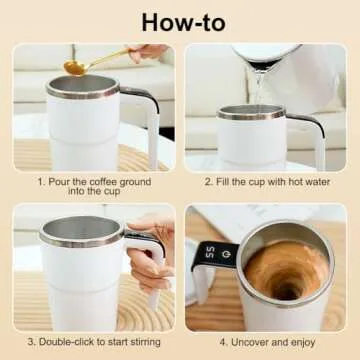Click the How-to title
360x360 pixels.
tap(180, 21)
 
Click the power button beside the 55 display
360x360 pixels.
tap(227, 253)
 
